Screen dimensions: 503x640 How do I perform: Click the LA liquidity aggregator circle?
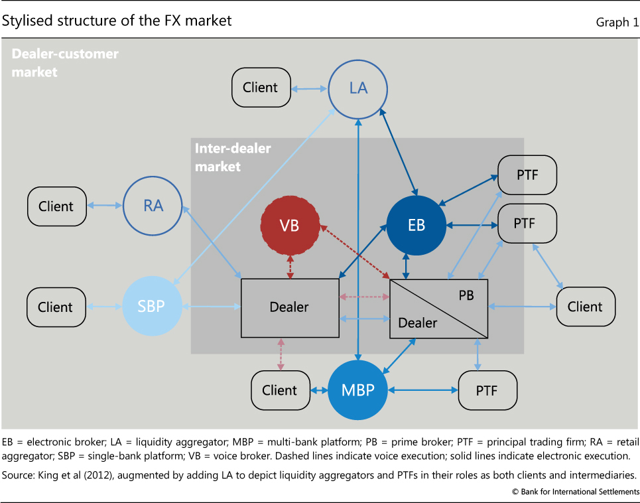pyautogui.click(x=358, y=88)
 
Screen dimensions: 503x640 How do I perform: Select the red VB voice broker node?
pyautogui.click(x=290, y=226)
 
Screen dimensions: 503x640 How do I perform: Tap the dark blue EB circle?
pyautogui.click(x=416, y=226)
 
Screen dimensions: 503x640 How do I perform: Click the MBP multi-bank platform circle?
pyautogui.click(x=358, y=390)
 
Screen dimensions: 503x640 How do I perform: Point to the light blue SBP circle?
pyautogui.click(x=152, y=307)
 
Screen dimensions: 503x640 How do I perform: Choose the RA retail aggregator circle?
pyautogui.click(x=153, y=206)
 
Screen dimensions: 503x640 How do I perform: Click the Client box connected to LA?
pyautogui.click(x=261, y=87)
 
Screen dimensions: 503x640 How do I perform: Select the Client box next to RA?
pyautogui.click(x=56, y=206)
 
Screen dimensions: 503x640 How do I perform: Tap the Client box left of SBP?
pyautogui.click(x=56, y=307)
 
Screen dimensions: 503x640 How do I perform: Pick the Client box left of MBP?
pyautogui.click(x=280, y=390)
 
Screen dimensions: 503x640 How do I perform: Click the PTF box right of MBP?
pyautogui.click(x=487, y=390)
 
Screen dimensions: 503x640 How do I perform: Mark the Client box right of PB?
pyautogui.click(x=585, y=307)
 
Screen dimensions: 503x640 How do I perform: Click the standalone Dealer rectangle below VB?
pyautogui.click(x=290, y=307)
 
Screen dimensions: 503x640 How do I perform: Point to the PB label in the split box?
pyautogui.click(x=466, y=295)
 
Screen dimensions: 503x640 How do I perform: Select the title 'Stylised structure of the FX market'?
pyautogui.click(x=117, y=21)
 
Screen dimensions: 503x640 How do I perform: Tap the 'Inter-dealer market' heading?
pyautogui.click(x=232, y=157)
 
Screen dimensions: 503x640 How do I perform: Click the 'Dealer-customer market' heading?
pyautogui.click(x=65, y=62)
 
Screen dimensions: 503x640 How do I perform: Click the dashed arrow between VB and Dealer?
pyautogui.click(x=290, y=267)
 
